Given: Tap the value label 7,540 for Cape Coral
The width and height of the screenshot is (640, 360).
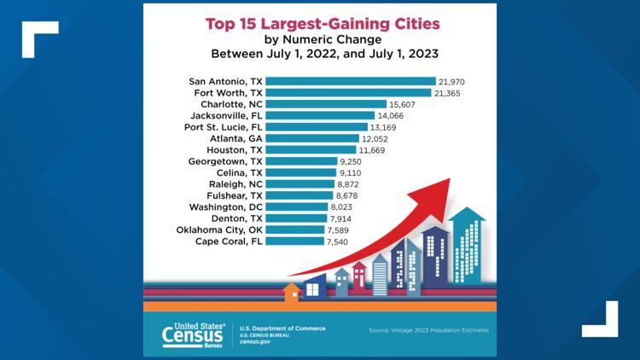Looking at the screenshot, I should click(x=344, y=241).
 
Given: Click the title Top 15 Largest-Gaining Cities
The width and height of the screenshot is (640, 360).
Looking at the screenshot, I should click(x=320, y=24).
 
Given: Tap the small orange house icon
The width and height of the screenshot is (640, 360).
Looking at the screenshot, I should click(x=292, y=293).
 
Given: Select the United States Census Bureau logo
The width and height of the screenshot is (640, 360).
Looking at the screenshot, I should click(x=195, y=335).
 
